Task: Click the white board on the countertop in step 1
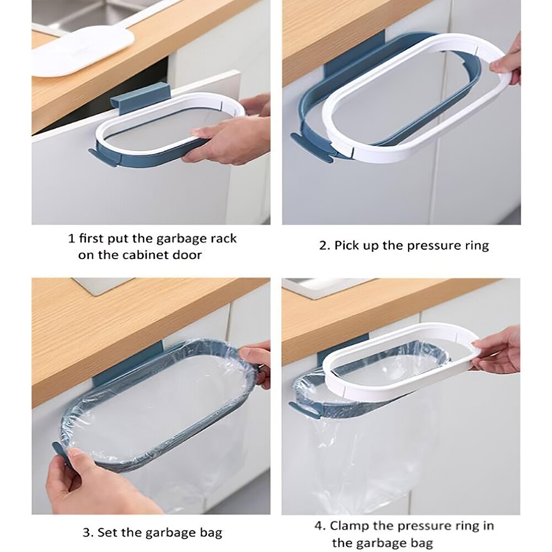point(83,51)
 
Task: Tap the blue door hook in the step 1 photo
point(132,98)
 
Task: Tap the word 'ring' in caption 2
point(476,245)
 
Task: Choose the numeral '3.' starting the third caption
point(88,532)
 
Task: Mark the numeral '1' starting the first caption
point(71,239)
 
